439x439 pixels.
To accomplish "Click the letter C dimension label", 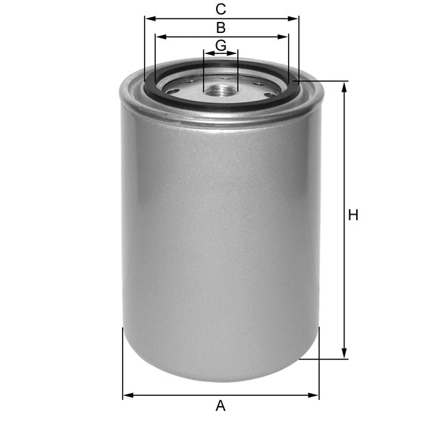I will [221, 9].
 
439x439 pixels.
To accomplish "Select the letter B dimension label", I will [221, 28].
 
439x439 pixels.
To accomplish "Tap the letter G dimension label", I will [221, 45].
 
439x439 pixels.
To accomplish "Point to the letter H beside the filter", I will [353, 215].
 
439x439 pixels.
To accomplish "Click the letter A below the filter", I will [220, 406].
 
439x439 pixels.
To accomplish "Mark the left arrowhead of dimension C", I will [147, 19].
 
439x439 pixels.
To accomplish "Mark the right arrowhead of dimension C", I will [296, 19].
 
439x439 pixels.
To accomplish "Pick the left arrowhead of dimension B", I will [158, 37].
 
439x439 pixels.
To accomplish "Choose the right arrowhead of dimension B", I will [285, 37].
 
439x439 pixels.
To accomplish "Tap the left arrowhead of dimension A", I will [126, 395].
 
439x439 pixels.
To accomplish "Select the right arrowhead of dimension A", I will [316, 395].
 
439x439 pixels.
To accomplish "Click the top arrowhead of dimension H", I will [344, 84].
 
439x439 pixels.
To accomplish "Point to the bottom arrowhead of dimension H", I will [344, 355].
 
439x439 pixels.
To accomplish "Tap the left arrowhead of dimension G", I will [206, 54].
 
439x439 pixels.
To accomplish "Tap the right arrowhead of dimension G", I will [235, 54].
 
